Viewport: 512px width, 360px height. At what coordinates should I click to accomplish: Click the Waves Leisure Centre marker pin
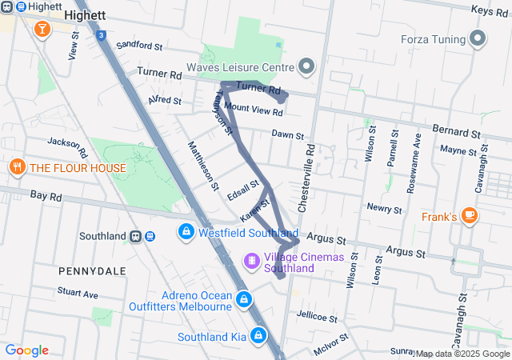306,66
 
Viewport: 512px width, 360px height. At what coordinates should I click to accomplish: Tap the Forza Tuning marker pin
478,38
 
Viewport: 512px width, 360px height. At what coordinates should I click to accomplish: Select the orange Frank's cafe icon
470,215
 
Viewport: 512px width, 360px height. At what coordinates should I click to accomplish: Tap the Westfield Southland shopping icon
186,233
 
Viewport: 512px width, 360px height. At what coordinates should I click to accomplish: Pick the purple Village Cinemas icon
252,262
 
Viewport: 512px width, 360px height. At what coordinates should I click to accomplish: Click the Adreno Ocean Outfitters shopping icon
244,301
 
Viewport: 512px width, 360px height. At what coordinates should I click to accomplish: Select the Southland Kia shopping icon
259,336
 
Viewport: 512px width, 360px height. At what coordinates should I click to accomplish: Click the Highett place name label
85,15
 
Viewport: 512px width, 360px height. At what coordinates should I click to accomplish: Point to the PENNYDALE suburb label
92,271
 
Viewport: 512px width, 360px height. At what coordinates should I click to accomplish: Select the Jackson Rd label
67,146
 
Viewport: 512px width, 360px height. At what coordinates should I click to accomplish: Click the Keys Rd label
490,10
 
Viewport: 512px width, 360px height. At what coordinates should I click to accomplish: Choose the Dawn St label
287,135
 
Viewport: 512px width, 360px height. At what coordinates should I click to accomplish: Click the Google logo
26,350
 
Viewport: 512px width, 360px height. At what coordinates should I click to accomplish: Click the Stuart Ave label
78,294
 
